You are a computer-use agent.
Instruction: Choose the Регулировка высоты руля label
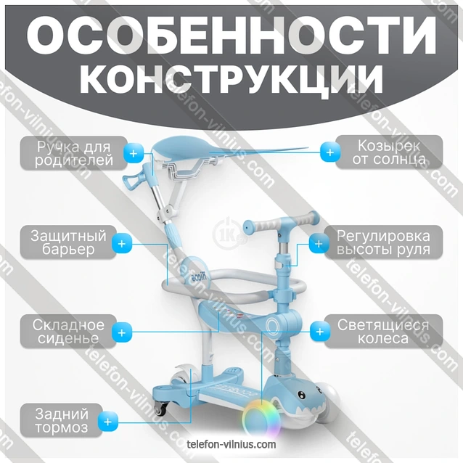tap(383, 243)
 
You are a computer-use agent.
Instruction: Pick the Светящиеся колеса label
tap(383, 332)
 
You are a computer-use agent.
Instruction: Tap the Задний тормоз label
tap(62, 420)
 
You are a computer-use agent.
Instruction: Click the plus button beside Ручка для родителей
tap(134, 152)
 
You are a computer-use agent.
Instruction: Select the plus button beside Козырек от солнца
tap(330, 152)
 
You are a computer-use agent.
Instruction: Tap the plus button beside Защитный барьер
tap(123, 243)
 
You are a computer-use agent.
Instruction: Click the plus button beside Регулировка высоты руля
tap(317, 243)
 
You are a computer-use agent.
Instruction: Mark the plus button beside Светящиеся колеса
tap(318, 332)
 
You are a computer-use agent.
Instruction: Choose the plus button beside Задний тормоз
tap(108, 420)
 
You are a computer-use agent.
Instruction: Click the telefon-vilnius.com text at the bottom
tap(231, 443)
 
